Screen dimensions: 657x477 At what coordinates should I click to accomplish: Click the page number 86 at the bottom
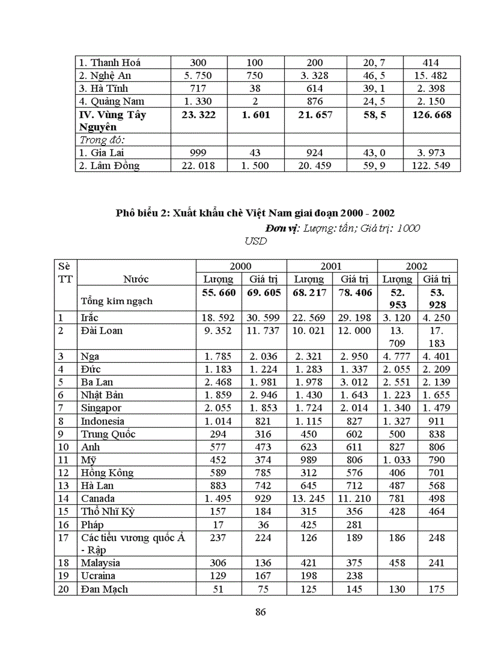[x=261, y=613]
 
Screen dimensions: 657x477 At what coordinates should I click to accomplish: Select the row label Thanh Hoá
[x=110, y=62]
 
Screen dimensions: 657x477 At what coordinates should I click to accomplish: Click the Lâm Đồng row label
[x=109, y=166]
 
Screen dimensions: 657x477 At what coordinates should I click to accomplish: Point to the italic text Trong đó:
[x=103, y=140]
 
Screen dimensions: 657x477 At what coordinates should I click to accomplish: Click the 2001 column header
[x=331, y=266]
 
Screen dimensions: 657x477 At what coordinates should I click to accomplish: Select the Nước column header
[x=136, y=279]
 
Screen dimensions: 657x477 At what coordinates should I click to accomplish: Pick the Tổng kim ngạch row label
[x=117, y=301]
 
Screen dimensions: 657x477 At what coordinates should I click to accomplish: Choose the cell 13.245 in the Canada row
[x=309, y=498]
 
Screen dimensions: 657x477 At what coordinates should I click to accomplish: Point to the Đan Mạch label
[x=104, y=589]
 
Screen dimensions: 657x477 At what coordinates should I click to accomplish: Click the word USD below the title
[x=255, y=240]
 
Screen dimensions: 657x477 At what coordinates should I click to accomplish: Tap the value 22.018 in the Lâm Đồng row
[x=198, y=166]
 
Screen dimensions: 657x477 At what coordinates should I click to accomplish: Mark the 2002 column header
[x=417, y=266]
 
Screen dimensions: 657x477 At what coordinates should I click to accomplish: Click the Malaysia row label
[x=101, y=563]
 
